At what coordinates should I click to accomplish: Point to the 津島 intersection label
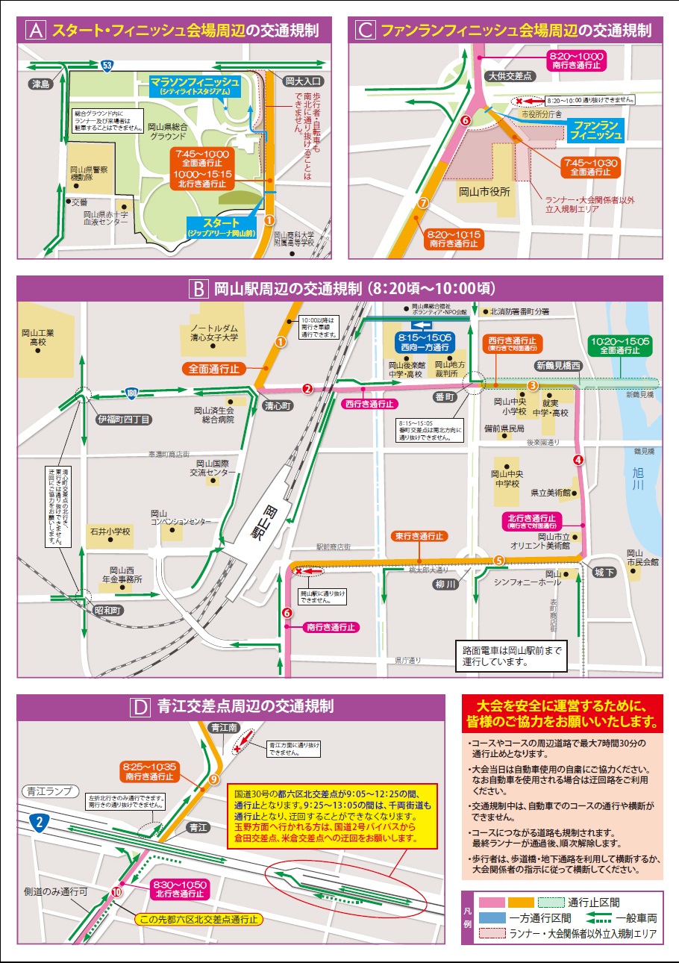point(40,84)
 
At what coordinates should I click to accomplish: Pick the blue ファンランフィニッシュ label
point(594,130)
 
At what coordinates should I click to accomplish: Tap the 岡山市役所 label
point(484,191)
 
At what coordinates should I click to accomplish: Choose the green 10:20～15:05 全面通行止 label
point(620,345)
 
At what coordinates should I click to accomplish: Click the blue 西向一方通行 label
point(422,342)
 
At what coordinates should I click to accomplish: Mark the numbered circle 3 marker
point(532,385)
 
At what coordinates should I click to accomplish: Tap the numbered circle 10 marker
point(116,891)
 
